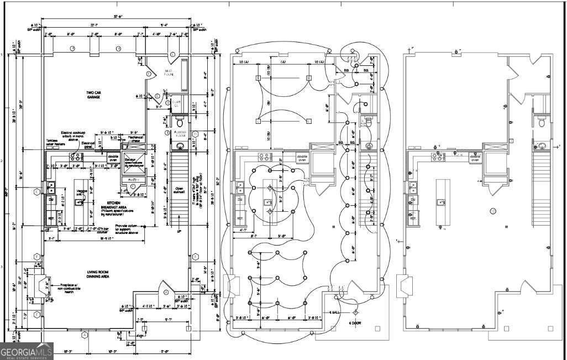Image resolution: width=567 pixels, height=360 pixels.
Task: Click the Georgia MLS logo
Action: tap(27, 352)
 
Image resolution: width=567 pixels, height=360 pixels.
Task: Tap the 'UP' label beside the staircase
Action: tap(179, 233)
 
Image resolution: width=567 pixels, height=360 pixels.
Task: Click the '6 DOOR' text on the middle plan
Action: tap(354, 322)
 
